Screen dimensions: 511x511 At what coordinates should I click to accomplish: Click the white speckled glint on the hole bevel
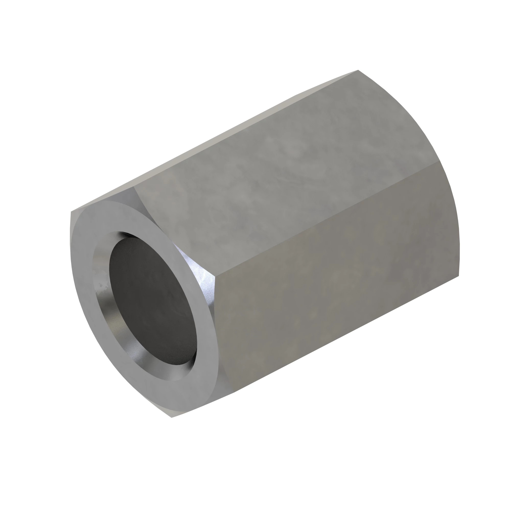coord(100,288)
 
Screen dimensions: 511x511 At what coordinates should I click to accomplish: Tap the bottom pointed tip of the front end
coord(172,417)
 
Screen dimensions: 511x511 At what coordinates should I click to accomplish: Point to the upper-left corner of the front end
coord(71,212)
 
